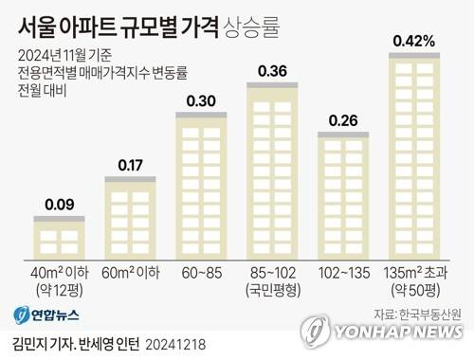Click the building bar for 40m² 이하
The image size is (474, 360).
click(x=58, y=235)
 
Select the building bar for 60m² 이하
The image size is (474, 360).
click(x=130, y=215)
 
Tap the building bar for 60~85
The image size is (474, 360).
click(x=201, y=184)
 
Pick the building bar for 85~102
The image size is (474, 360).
click(x=272, y=168)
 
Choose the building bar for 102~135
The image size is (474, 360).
click(x=343, y=193)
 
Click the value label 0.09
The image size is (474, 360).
click(x=58, y=202)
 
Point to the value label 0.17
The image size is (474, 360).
click(x=130, y=166)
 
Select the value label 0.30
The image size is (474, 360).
click(x=201, y=102)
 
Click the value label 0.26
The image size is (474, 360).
click(x=343, y=120)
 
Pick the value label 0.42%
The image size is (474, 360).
click(x=414, y=41)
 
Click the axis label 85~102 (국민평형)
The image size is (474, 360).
click(x=272, y=280)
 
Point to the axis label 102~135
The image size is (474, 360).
click(x=343, y=273)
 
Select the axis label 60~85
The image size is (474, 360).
click(x=201, y=273)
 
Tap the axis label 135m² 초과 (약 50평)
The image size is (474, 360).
click(x=414, y=280)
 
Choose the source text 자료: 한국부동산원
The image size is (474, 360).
click(x=416, y=314)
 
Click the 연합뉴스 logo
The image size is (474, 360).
click(x=46, y=315)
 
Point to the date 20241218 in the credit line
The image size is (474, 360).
click(x=173, y=338)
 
